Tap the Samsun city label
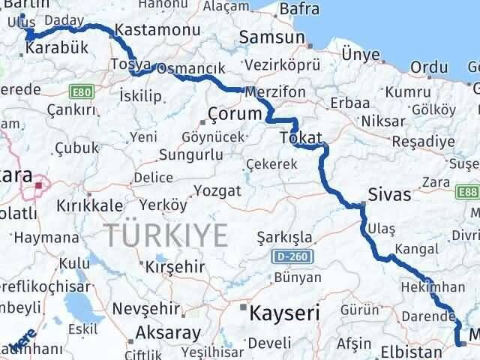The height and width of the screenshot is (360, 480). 272,37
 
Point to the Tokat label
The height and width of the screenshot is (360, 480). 300,138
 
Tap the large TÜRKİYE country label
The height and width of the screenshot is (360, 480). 166,235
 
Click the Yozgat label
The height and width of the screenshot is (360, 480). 217,190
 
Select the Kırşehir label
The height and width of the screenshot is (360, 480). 175,267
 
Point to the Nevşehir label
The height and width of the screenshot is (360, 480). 148,308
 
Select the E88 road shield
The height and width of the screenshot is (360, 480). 469,192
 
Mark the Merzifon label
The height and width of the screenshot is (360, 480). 275,90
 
